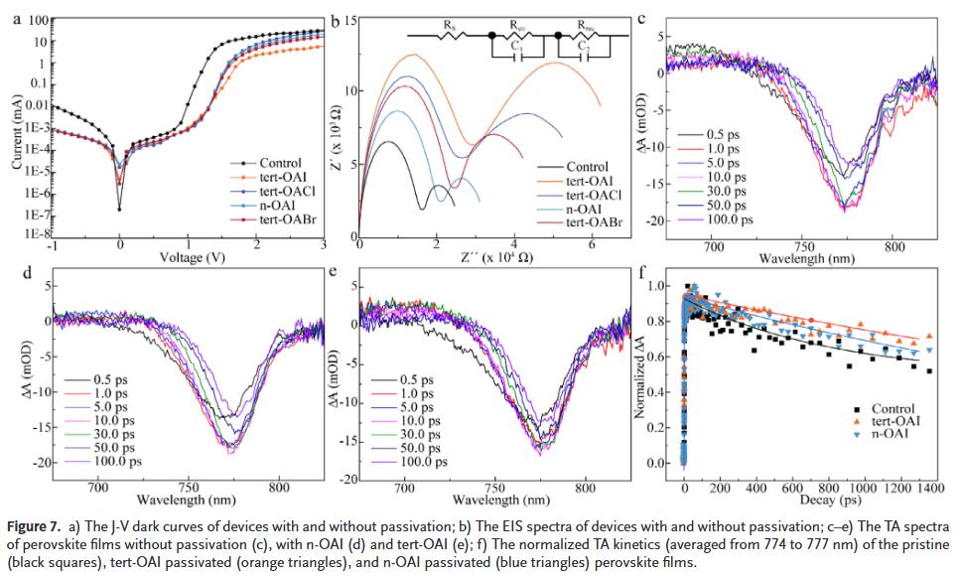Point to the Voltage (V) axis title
tap(187, 258)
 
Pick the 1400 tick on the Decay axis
tap(930, 489)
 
